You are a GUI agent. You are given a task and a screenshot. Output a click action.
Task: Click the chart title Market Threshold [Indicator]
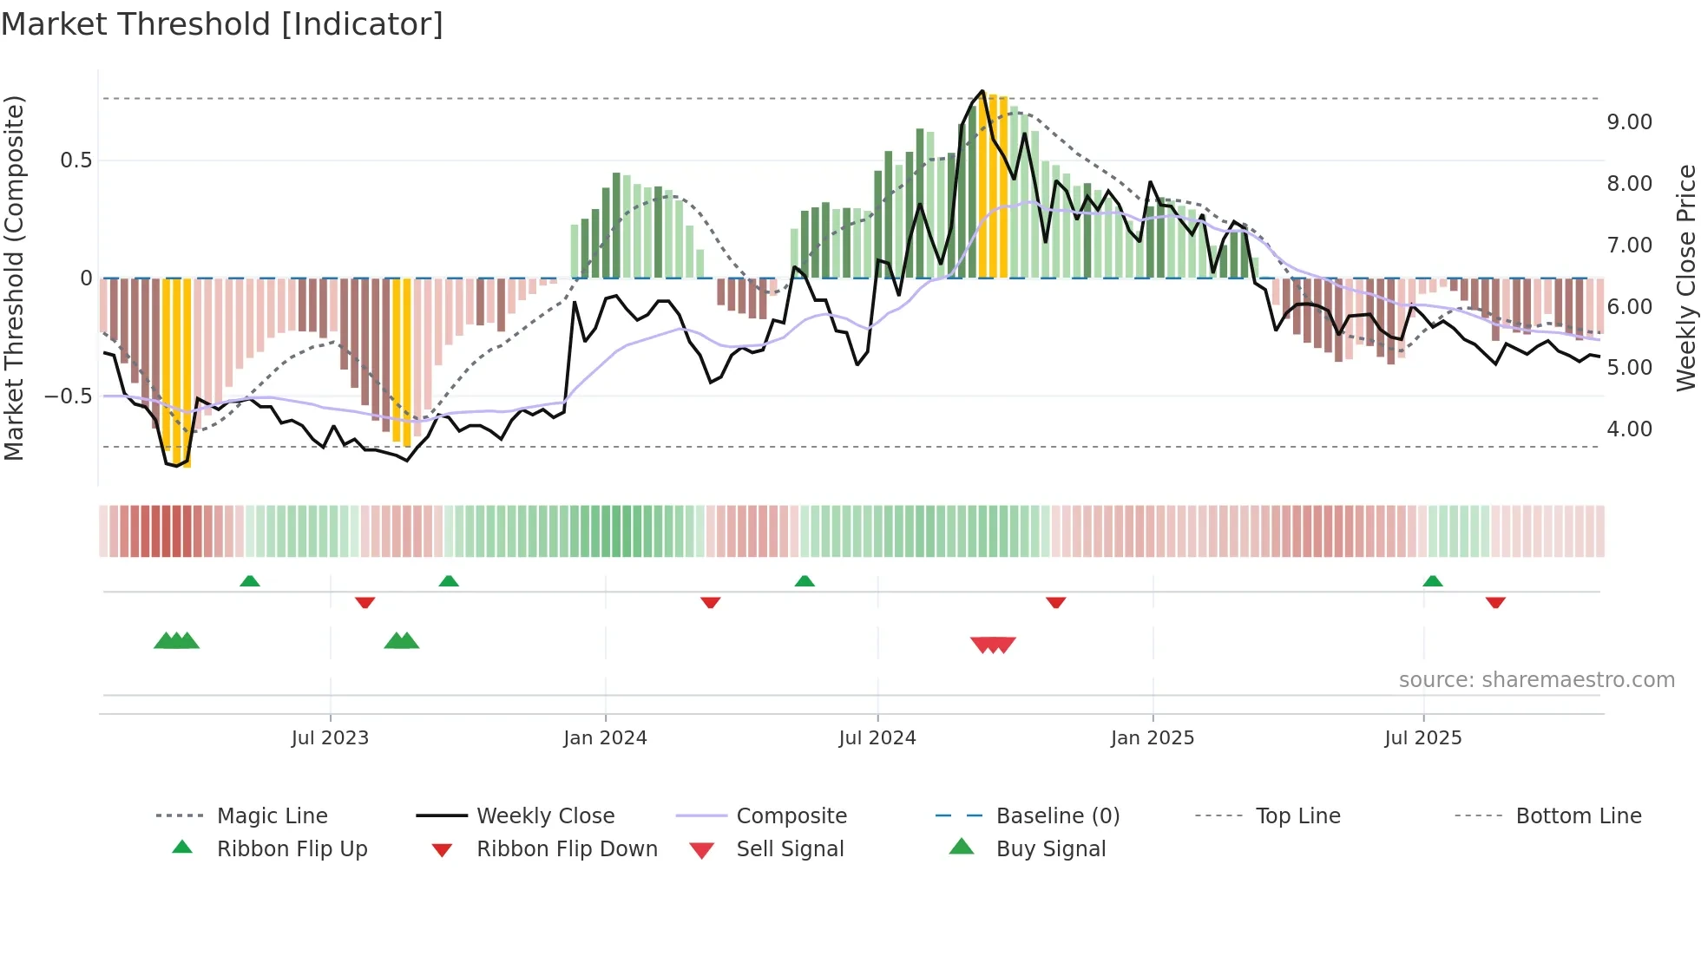click(x=222, y=24)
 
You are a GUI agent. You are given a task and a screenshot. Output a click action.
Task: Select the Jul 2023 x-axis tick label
click(x=330, y=738)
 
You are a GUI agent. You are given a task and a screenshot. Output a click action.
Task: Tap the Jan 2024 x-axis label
click(x=605, y=738)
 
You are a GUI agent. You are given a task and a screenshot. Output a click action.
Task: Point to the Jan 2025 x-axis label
click(x=1153, y=738)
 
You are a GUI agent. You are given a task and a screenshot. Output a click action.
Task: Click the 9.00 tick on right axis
click(x=1629, y=122)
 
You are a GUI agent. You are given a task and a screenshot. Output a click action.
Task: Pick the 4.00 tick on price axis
click(x=1629, y=429)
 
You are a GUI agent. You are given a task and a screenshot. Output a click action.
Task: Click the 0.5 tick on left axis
click(x=76, y=160)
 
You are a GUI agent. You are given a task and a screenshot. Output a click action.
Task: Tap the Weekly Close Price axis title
click(x=1685, y=278)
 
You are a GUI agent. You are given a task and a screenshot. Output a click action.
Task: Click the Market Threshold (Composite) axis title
click(x=14, y=278)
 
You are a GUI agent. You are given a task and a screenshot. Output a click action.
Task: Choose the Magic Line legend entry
click(x=272, y=816)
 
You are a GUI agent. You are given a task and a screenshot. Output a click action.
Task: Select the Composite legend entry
click(x=791, y=816)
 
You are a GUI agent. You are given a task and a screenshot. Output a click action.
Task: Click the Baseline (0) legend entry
click(x=1058, y=816)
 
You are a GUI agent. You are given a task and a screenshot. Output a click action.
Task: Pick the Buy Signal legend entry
click(x=1051, y=849)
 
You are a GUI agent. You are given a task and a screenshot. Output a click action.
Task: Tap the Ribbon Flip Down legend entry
click(x=567, y=849)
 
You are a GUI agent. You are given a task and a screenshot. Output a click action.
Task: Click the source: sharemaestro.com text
click(x=1536, y=680)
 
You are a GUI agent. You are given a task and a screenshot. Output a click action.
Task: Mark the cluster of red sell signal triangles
click(x=993, y=645)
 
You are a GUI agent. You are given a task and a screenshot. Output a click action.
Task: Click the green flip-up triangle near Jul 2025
click(x=1433, y=581)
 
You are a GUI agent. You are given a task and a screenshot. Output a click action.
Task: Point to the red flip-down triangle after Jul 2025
click(x=1495, y=602)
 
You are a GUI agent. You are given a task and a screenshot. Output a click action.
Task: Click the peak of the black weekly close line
click(x=982, y=91)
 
